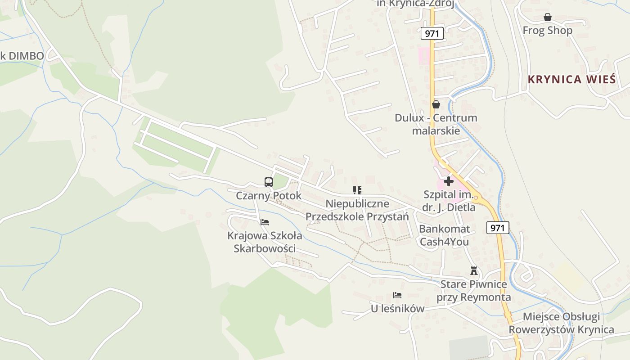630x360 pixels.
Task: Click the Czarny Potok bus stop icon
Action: click(x=269, y=182)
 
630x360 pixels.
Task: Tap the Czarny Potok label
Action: click(x=269, y=196)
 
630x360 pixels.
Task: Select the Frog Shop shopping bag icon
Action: click(x=548, y=18)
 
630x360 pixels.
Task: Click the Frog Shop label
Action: click(x=548, y=31)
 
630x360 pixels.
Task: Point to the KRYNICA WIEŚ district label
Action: click(x=571, y=80)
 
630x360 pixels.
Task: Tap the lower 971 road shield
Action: click(x=498, y=228)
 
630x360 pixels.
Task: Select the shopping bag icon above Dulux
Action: click(x=436, y=105)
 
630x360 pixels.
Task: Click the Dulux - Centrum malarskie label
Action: click(x=436, y=124)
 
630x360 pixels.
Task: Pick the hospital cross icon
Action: click(x=449, y=181)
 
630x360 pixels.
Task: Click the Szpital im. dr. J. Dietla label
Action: click(x=449, y=201)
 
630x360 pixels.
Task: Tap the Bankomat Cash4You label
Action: click(x=444, y=235)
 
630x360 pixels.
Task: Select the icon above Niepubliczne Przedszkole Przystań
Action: click(x=357, y=190)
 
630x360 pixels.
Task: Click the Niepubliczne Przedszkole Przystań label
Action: click(x=357, y=210)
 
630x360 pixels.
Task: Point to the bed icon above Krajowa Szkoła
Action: click(x=265, y=222)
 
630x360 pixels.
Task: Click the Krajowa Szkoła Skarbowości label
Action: click(x=265, y=242)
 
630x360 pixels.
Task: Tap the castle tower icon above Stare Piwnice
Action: click(x=473, y=271)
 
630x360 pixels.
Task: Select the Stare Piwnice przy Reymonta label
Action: click(x=473, y=291)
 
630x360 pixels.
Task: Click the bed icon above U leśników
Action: click(x=397, y=296)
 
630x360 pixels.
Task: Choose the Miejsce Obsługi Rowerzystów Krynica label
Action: click(x=561, y=323)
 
